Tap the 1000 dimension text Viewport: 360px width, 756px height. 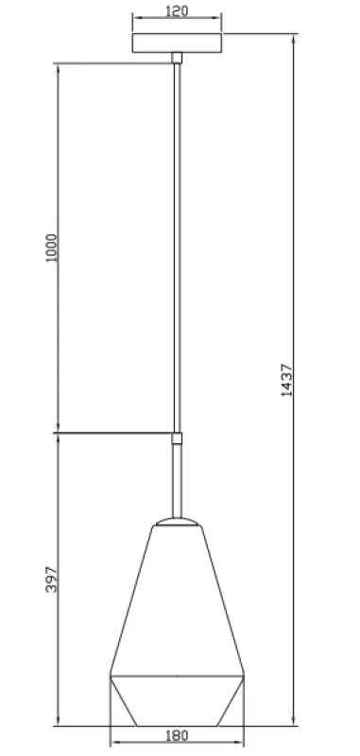tap(52, 249)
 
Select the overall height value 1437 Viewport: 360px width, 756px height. tap(287, 379)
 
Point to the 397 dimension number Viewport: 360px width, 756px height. tap(52, 579)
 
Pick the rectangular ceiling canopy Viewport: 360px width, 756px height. tap(178, 43)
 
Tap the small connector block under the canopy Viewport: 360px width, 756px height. tap(177, 59)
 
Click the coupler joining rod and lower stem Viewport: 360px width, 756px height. tap(176, 438)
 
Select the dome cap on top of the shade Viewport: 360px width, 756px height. tap(177, 523)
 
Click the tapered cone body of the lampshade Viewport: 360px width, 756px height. tap(177, 605)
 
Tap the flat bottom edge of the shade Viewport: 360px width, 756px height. tap(178, 726)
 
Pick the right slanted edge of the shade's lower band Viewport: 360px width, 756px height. tap(231, 701)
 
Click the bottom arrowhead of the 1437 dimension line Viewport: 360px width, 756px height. tap(293, 723)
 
